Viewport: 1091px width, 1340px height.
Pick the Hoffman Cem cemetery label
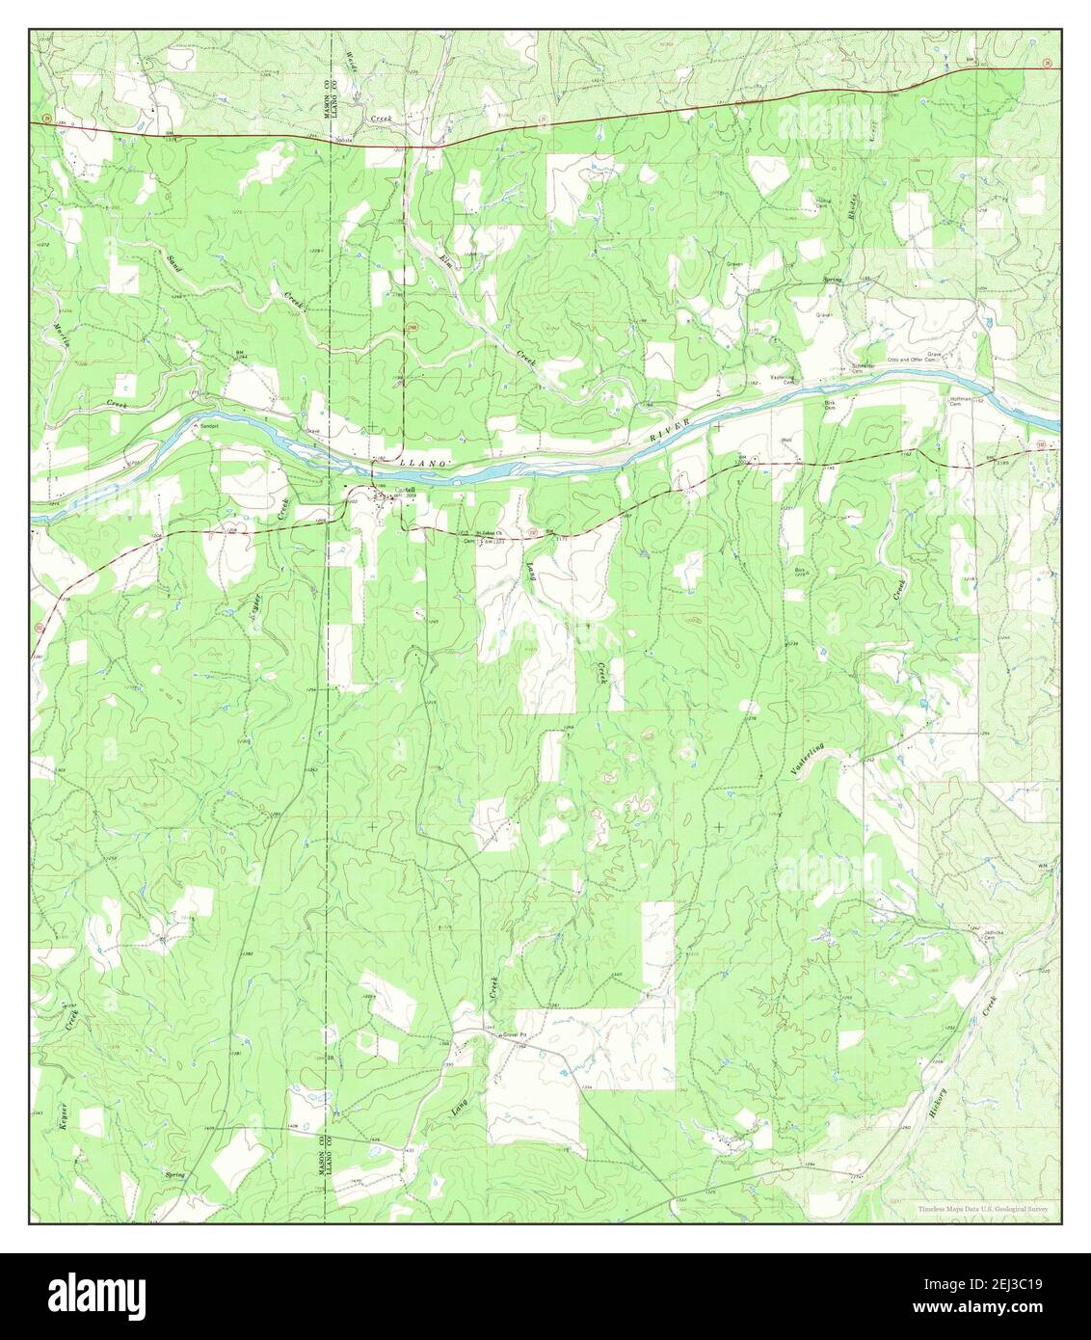(956, 397)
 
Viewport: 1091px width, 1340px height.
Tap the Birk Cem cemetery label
(828, 404)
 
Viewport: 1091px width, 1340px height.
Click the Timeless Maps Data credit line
(980, 1208)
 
